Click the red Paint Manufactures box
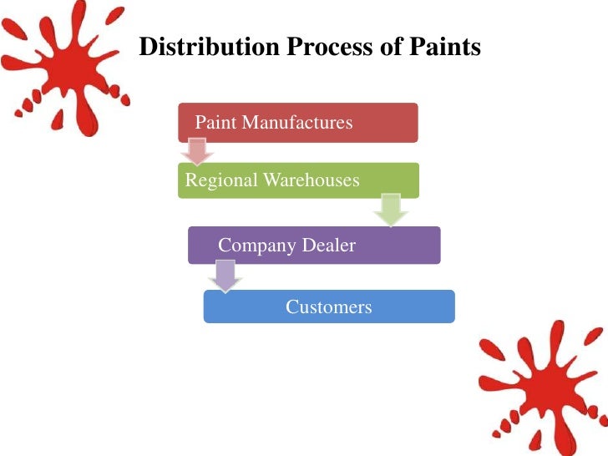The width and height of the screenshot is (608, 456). coord(297,123)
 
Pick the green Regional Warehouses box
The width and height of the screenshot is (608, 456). coord(298,180)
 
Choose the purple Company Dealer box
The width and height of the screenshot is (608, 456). coord(314,246)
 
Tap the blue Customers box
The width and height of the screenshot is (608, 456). coord(329,307)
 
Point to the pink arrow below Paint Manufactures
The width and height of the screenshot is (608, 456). coord(197,151)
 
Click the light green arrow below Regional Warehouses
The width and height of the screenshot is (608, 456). coord(390,210)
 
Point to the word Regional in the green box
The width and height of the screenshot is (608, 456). coord(221,180)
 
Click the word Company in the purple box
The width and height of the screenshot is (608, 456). coord(256,246)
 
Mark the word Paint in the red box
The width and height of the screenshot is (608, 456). coord(214,123)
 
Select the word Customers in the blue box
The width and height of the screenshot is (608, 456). coord(329,307)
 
